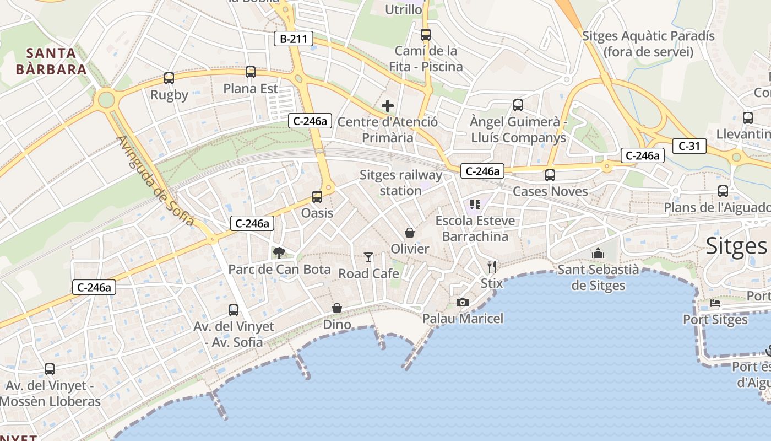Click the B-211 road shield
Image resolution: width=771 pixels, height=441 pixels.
[x=294, y=39]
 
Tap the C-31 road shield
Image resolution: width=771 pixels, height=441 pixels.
[x=689, y=146]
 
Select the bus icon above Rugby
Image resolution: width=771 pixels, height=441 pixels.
[x=169, y=78]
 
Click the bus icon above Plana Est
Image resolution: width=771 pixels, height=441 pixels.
[x=251, y=72]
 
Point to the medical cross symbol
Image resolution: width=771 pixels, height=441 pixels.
[x=388, y=106]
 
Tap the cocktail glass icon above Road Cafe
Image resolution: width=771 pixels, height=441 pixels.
[x=368, y=257]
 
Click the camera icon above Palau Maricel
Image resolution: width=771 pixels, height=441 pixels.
[x=463, y=302]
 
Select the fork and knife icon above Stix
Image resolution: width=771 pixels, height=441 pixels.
[x=492, y=267]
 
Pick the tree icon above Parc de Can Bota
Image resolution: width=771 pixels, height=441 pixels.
[x=279, y=253]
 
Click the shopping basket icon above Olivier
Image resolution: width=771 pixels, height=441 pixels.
[x=410, y=233]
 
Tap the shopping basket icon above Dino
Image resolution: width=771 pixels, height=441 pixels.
[x=336, y=308]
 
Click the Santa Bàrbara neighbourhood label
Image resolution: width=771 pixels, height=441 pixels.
[x=51, y=61]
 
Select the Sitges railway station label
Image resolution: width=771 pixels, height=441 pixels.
[x=401, y=183]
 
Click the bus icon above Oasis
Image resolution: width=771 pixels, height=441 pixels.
[x=317, y=196]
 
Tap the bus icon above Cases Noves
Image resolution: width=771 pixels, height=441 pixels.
[x=550, y=175]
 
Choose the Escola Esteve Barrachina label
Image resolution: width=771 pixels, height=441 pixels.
[x=475, y=228]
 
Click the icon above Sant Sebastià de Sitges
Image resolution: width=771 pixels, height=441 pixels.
[x=598, y=254]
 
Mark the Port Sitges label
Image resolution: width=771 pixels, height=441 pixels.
[x=715, y=320]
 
